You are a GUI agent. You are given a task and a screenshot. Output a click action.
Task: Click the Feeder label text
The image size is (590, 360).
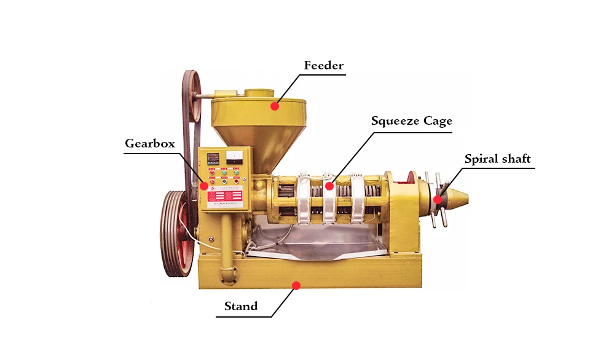pyautogui.click(x=324, y=65)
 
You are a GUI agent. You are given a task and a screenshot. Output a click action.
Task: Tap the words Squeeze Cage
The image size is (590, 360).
pyautogui.click(x=411, y=120)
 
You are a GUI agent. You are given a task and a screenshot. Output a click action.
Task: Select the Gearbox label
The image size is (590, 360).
pyautogui.click(x=150, y=144)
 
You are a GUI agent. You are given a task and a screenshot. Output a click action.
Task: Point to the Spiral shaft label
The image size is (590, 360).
pyautogui.click(x=497, y=159)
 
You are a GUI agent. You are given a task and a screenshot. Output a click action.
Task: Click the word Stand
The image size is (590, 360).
pyautogui.click(x=241, y=306)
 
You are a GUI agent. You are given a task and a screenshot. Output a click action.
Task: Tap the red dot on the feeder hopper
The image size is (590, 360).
pyautogui.click(x=275, y=106)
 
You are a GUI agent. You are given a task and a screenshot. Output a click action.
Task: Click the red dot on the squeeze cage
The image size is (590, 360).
pyautogui.click(x=329, y=186)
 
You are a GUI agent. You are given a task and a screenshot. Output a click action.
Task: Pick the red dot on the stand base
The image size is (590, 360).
pyautogui.click(x=296, y=286)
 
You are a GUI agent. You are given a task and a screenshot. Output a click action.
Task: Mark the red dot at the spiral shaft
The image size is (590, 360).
pyautogui.click(x=438, y=199)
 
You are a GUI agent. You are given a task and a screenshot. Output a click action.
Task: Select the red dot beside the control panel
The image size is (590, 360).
pyautogui.click(x=203, y=184)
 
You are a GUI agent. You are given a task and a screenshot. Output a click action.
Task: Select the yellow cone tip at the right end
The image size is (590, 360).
pyautogui.click(x=457, y=198)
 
